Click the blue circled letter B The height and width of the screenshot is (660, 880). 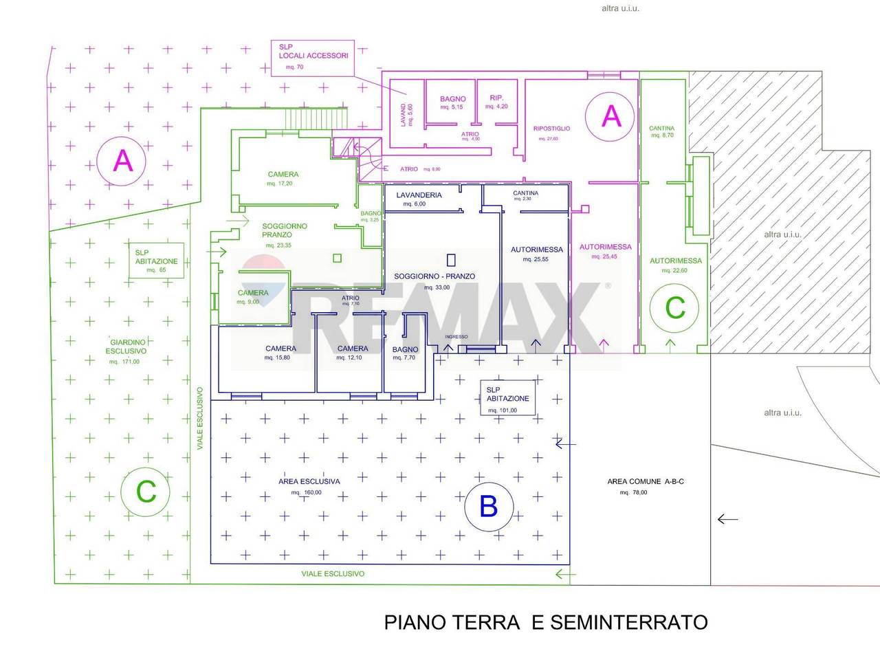coord(488,507)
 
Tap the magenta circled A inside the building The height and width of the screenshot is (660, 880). coord(611,115)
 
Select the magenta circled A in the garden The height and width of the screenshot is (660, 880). coord(122,161)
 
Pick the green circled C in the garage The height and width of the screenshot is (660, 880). coord(675,307)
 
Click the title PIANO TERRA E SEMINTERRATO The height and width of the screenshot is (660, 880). coord(545,622)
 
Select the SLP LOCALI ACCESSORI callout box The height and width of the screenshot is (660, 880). coord(313,57)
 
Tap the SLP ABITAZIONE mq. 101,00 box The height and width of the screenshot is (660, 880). coord(507,399)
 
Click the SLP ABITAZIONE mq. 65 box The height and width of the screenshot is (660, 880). coord(156,261)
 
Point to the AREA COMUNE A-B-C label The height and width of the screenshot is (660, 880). coord(645,486)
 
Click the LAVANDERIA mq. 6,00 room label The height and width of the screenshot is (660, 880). coord(419,199)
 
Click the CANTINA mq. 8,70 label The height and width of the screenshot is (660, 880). coord(661,131)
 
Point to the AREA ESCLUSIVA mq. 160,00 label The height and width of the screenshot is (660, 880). coord(309,486)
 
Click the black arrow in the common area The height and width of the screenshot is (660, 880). coord(727,519)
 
